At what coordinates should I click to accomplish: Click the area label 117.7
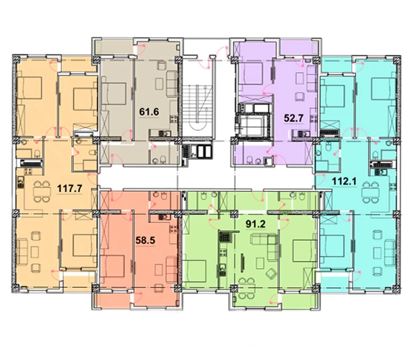(70, 189)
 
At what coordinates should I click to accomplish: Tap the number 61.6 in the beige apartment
(149, 112)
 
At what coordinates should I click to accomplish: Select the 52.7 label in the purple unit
(293, 118)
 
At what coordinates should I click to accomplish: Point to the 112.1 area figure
(344, 182)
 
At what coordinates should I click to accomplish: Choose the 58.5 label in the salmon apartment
(145, 240)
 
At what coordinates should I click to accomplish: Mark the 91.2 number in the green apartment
(256, 224)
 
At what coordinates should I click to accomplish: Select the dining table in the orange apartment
(42, 192)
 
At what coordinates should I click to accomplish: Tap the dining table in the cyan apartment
(370, 193)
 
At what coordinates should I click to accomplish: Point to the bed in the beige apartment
(114, 94)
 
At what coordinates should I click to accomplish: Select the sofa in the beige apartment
(172, 84)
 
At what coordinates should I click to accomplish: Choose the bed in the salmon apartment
(114, 266)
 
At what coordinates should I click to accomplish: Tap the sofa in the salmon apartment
(171, 269)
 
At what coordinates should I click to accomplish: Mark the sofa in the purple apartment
(312, 75)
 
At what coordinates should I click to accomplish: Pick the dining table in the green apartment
(246, 288)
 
